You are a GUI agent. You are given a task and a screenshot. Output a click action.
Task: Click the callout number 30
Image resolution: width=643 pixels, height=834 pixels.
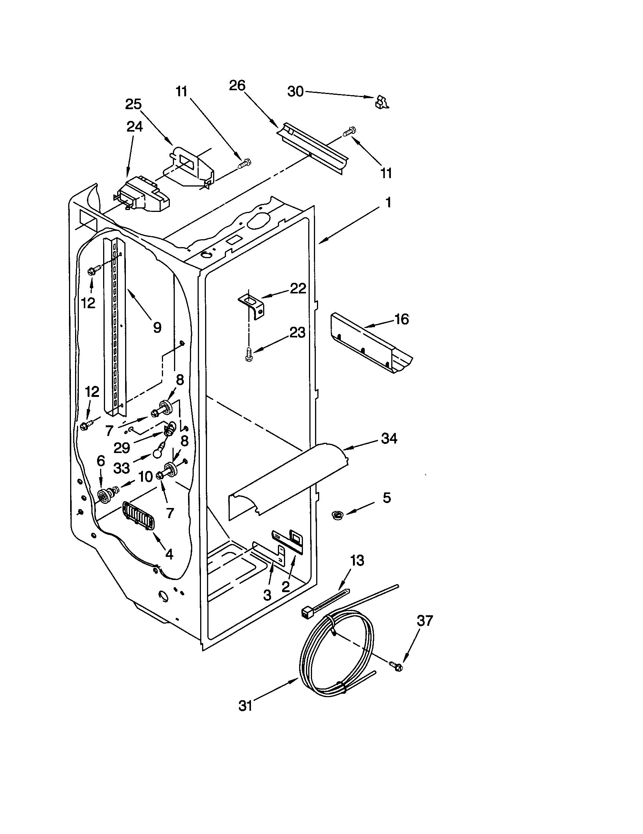click(295, 92)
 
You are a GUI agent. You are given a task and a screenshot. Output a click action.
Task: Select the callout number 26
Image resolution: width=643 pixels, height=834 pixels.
click(237, 86)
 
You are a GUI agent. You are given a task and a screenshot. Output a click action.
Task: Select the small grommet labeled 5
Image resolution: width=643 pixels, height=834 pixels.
click(337, 515)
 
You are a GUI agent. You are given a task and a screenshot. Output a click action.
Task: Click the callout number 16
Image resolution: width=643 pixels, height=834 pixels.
click(401, 319)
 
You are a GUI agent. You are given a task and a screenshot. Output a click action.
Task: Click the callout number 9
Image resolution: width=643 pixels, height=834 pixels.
click(157, 327)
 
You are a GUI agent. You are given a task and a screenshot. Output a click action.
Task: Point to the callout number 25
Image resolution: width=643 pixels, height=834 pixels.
click(133, 104)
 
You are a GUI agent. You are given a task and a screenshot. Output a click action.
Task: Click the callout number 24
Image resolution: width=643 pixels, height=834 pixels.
click(135, 126)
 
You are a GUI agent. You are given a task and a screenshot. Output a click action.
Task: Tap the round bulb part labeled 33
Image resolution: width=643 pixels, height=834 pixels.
click(158, 453)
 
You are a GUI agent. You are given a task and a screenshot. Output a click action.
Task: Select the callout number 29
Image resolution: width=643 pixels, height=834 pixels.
click(122, 448)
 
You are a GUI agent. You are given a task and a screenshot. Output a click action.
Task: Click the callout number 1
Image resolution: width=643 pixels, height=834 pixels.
click(388, 202)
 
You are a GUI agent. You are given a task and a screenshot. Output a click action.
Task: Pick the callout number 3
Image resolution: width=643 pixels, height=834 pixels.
click(267, 594)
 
